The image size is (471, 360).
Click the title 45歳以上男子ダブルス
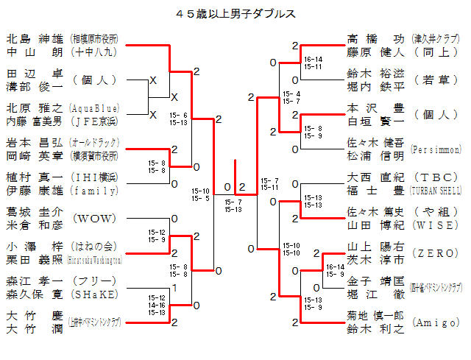[236, 13]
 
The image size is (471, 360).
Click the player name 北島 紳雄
[35, 38]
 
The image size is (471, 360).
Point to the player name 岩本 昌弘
[35, 142]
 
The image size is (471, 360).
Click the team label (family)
[96, 191]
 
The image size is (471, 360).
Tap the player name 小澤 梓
[35, 247]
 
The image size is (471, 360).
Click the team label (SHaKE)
[94, 294]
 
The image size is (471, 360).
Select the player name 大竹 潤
[35, 329]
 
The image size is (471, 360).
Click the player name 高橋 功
[375, 38]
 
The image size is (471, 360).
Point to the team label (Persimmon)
[437, 149]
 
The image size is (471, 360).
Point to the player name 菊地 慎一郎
[375, 315]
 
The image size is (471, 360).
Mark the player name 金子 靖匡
[375, 280]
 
